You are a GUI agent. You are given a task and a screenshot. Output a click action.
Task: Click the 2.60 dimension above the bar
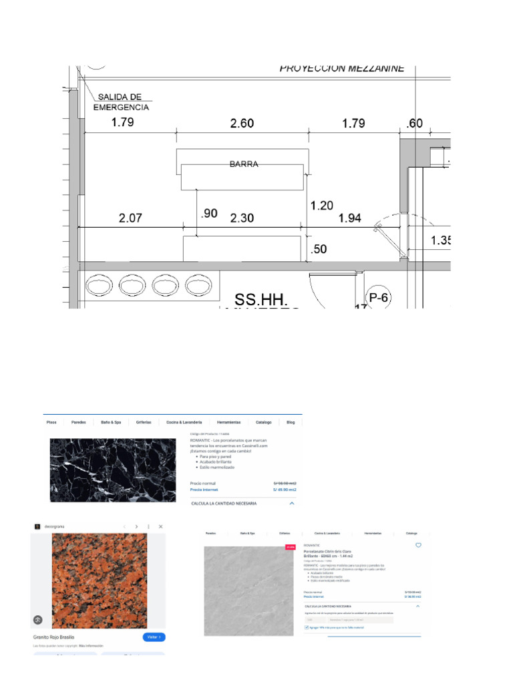[x=241, y=123]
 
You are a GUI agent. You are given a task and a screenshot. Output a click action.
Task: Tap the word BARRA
[x=244, y=164]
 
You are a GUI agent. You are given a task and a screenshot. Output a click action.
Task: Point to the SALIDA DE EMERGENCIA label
[x=121, y=102]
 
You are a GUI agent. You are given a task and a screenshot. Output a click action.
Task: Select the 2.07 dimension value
[x=130, y=218]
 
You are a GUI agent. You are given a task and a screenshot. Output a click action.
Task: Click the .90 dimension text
[x=208, y=213]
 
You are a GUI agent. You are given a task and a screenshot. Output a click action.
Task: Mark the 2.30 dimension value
[x=242, y=218]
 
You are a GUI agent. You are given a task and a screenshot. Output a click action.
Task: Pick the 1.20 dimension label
[x=322, y=206]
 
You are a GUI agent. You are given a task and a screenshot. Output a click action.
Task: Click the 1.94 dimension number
[x=350, y=218]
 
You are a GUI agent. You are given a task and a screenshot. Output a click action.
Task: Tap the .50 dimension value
[x=319, y=249]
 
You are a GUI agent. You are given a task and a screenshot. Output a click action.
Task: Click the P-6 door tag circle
[x=378, y=298]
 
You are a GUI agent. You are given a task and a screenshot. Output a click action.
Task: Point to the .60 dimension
[x=415, y=123]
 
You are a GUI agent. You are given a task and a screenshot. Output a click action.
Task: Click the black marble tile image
[x=113, y=470]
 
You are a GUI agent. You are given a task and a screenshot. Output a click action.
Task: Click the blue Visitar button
[x=154, y=637]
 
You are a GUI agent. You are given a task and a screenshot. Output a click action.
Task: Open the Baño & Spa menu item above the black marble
[x=111, y=423]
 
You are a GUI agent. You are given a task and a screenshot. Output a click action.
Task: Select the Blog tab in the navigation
[x=291, y=423]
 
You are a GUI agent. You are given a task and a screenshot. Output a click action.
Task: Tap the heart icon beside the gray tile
[x=419, y=545]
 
